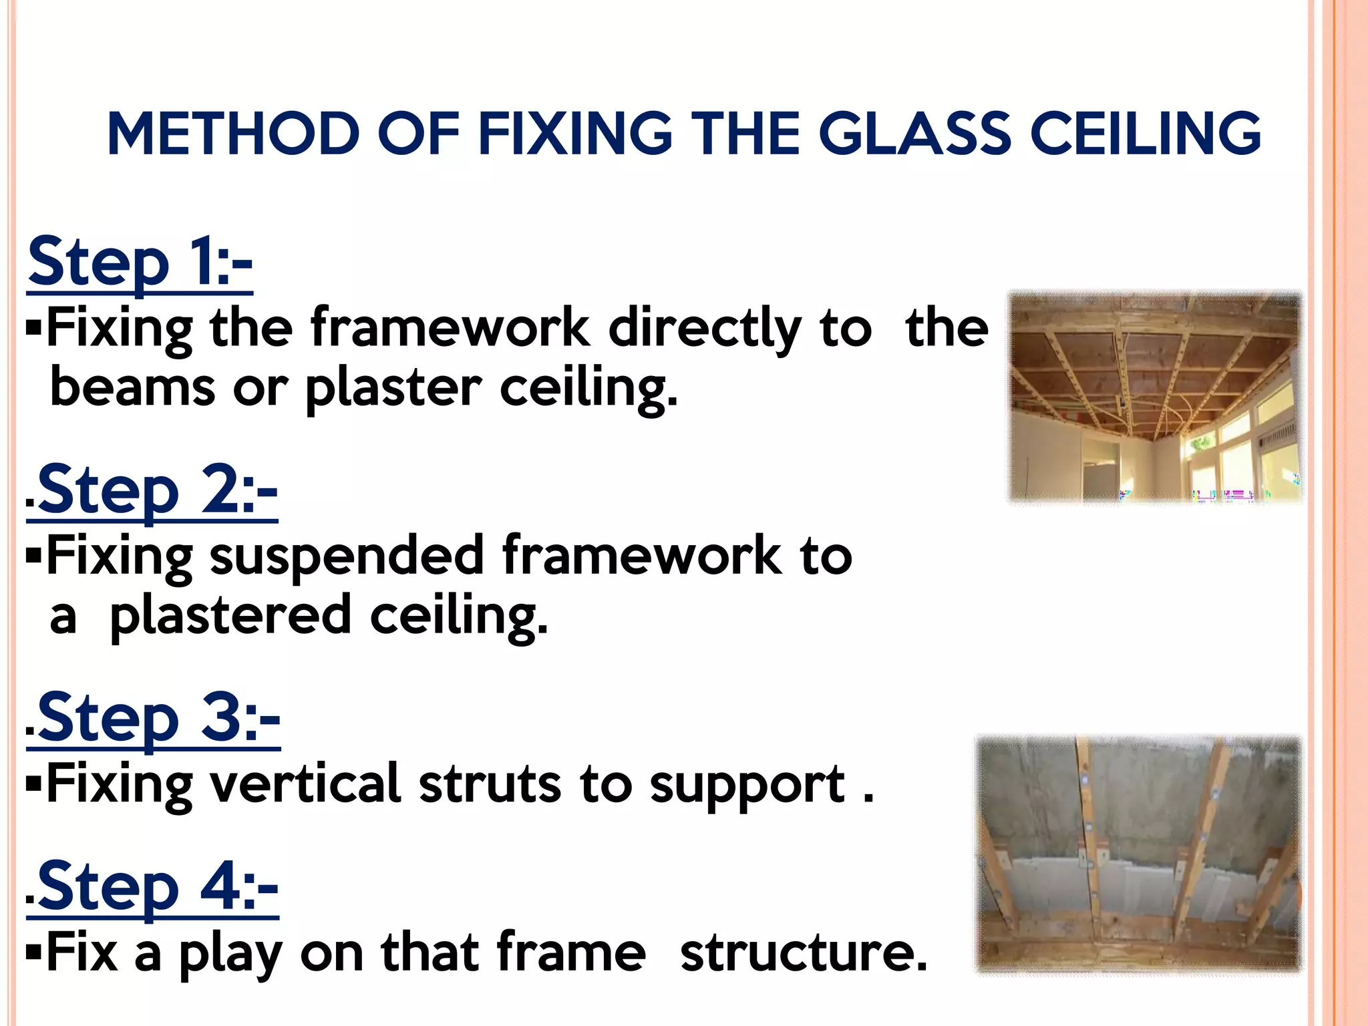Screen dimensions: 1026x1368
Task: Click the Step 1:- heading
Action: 140,262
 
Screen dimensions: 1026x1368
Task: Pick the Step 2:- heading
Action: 157,491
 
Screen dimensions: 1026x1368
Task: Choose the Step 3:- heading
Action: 158,719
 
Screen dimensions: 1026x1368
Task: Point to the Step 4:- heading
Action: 157,887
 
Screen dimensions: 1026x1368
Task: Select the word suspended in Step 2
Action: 347,556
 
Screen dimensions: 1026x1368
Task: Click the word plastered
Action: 230,616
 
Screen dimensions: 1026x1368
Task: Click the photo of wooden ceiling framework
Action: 1154,397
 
